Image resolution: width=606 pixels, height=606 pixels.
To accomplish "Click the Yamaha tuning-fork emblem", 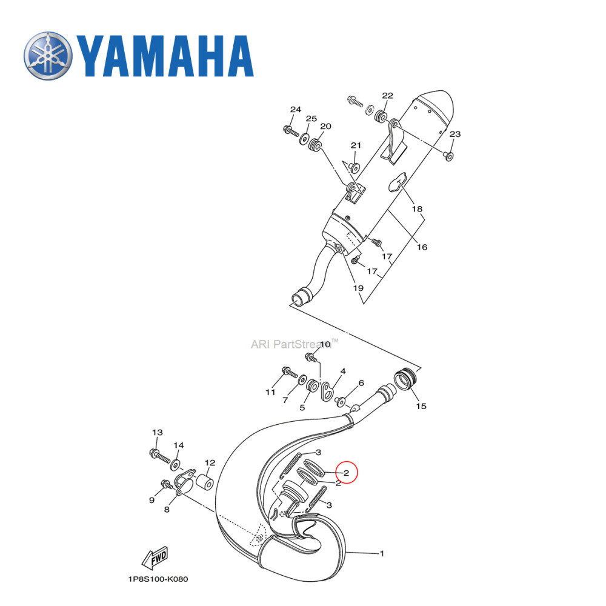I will [48, 56].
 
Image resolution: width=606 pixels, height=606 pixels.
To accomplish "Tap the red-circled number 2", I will [346, 473].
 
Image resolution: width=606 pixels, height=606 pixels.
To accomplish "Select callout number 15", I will [421, 406].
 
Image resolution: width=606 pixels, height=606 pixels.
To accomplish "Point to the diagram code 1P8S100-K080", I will [158, 579].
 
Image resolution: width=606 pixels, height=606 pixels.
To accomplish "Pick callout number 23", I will [455, 135].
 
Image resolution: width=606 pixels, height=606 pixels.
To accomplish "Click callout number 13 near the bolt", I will [158, 433].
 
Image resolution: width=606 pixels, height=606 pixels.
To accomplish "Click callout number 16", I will [422, 247].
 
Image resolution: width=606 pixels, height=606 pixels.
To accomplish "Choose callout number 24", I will [295, 110].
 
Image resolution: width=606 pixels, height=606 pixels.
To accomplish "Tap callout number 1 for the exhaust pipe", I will [382, 553].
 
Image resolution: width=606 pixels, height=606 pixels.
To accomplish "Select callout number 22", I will [387, 96].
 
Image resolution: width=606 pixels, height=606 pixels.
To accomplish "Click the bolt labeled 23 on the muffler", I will [449, 156].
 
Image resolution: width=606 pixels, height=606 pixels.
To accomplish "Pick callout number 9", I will [152, 501].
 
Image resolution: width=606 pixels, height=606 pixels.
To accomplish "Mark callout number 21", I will [356, 145].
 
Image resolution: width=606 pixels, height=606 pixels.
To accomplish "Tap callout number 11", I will [270, 392].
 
